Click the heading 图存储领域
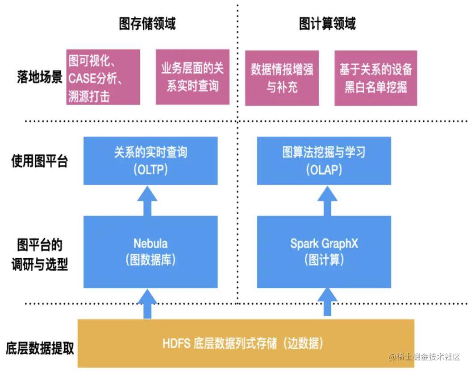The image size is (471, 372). click(147, 23)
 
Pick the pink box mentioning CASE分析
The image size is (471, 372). click(103, 77)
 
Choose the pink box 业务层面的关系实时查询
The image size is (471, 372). click(192, 77)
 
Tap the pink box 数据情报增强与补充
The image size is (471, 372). click(282, 77)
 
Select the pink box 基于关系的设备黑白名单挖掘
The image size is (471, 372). click(375, 77)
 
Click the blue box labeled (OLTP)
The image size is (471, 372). click(150, 161)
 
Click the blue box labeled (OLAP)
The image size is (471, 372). click(324, 161)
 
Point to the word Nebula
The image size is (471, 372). click(150, 244)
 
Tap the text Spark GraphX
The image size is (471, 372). click(324, 244)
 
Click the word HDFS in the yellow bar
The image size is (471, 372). click(177, 344)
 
